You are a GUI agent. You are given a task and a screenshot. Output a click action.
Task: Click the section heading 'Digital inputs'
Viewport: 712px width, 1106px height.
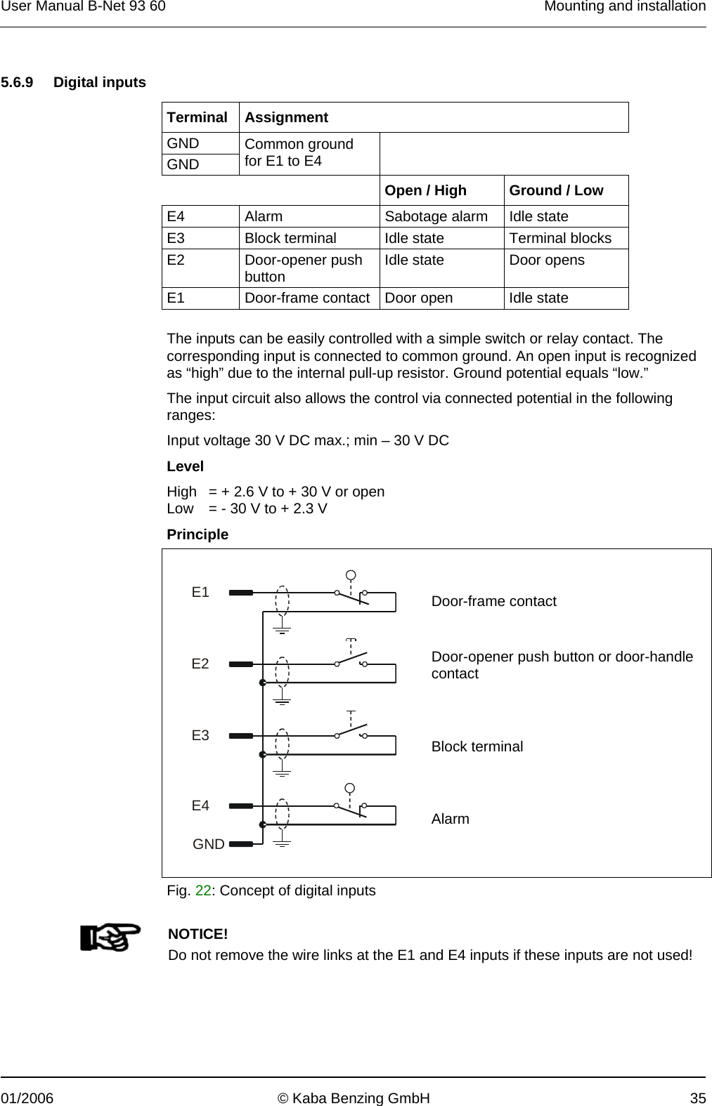(99, 82)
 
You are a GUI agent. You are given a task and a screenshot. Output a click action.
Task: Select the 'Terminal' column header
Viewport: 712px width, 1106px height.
(197, 117)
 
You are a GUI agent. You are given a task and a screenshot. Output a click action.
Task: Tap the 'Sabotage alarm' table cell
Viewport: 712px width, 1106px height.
(436, 216)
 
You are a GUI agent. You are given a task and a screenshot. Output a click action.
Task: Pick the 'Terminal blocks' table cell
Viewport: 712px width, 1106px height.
(560, 238)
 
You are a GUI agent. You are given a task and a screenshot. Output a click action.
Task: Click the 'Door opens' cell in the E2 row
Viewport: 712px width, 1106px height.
(546, 260)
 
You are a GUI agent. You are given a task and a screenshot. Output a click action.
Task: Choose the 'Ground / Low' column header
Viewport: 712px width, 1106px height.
(555, 190)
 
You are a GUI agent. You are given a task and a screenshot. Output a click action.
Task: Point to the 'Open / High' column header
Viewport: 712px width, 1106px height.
(425, 190)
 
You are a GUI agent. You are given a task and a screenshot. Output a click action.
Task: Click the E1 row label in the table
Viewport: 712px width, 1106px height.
(176, 298)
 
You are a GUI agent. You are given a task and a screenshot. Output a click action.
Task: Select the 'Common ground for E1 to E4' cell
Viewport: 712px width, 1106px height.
(299, 152)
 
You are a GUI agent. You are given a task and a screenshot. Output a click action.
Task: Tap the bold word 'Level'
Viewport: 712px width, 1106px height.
(185, 466)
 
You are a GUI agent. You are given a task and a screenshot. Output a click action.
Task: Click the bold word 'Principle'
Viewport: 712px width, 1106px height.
(198, 534)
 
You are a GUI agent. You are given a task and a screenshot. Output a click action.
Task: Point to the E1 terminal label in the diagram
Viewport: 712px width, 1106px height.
(200, 592)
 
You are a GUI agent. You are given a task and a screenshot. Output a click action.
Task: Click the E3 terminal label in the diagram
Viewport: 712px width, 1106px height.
(200, 735)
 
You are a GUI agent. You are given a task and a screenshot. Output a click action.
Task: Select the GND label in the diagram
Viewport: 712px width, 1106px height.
(209, 844)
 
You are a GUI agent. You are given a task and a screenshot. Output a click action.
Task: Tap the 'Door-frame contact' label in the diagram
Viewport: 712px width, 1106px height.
(493, 601)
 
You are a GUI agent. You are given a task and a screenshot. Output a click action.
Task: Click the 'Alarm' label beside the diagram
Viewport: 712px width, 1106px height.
(450, 819)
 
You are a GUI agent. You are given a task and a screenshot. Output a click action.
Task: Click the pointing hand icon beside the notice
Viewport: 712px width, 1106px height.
(110, 937)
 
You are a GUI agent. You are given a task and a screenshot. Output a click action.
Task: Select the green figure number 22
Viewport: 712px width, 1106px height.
(202, 890)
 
